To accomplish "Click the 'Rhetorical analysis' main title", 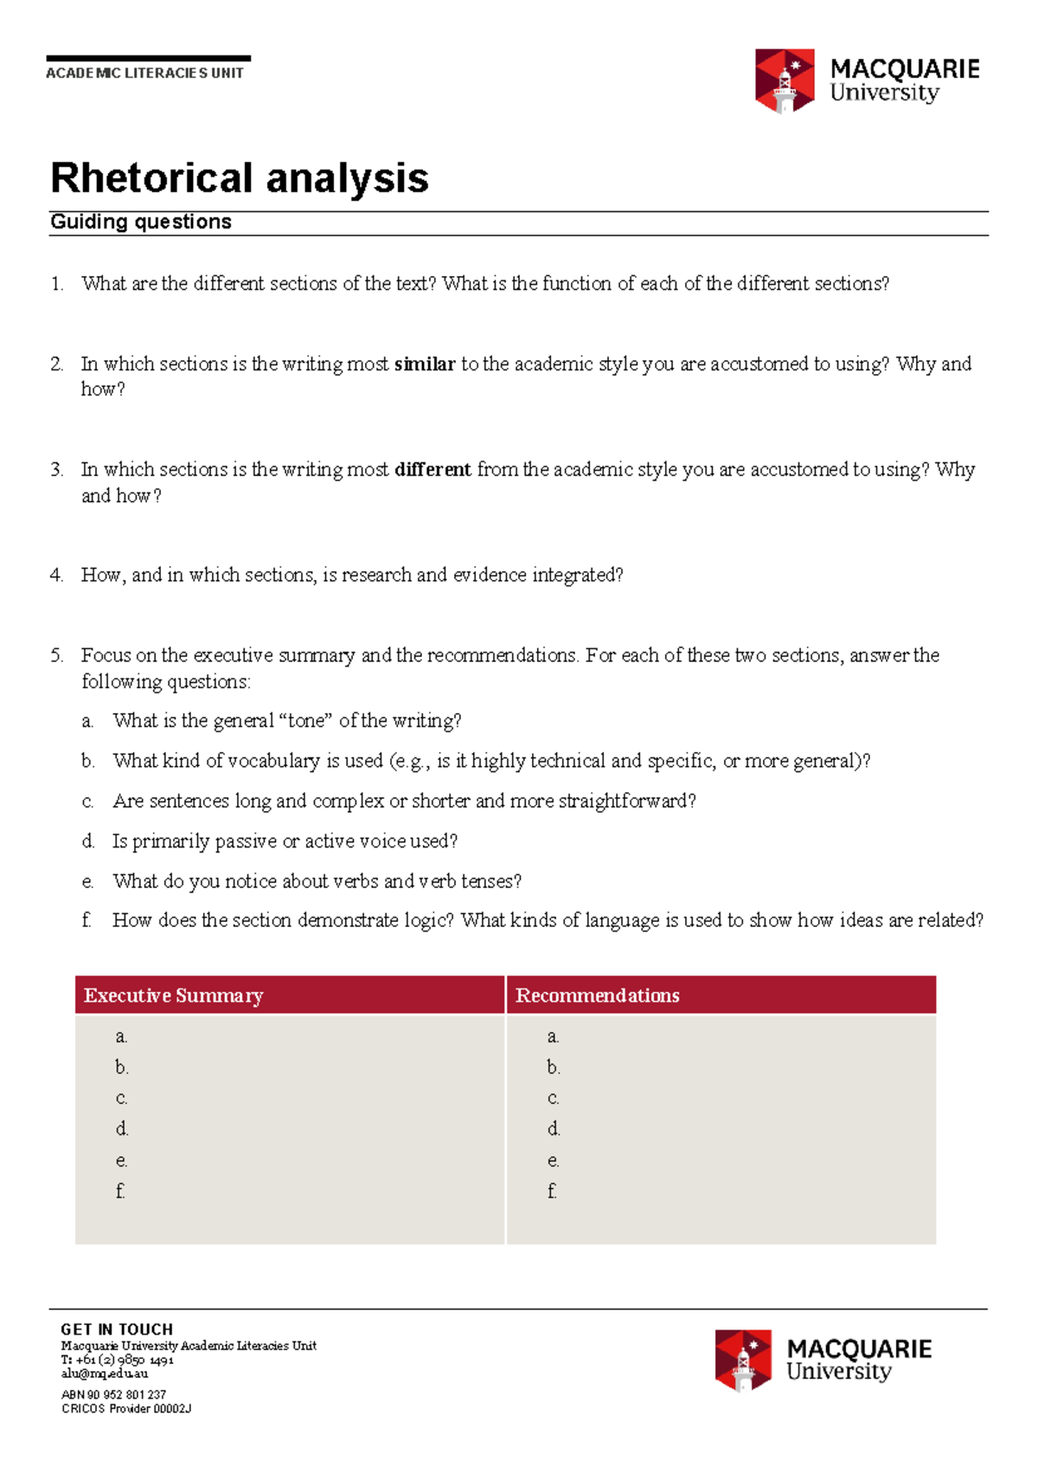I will [x=240, y=178].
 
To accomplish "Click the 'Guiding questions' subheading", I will [x=141, y=222].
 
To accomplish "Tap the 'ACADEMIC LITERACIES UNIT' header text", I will [x=144, y=74].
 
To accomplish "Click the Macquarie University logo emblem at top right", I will [x=785, y=81].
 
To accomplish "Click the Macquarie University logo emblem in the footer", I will [x=743, y=1360].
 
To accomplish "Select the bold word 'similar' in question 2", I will [x=424, y=364].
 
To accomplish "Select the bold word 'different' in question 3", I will [x=432, y=470].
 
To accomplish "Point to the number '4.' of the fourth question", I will [x=56, y=576].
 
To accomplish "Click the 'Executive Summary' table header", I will [x=173, y=995].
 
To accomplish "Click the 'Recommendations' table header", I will [x=597, y=995].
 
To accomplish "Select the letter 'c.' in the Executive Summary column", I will [x=121, y=1098].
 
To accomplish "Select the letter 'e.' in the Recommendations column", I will [x=553, y=1161].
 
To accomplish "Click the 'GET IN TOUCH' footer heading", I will [x=117, y=1329].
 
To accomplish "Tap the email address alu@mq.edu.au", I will [x=104, y=1374].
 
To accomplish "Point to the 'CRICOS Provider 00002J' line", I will [x=126, y=1408].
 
